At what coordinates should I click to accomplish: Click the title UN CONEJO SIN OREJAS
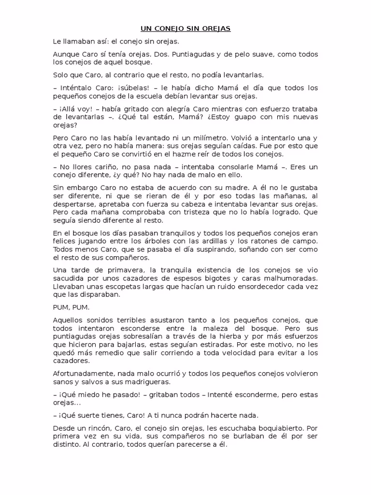click(x=185, y=29)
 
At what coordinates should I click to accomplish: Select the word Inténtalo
click(x=77, y=87)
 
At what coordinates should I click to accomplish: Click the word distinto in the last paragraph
click(x=66, y=445)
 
